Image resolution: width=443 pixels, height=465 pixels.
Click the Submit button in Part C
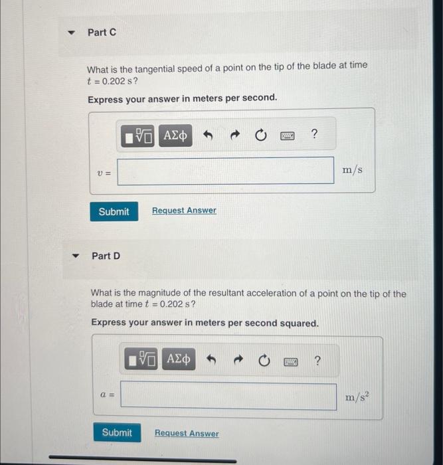[x=114, y=211]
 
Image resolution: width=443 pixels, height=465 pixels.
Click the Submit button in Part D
[x=117, y=432]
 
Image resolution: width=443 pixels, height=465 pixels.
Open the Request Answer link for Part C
[x=184, y=211]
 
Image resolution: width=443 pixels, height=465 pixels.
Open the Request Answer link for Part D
[x=187, y=433]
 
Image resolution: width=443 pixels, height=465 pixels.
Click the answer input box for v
[x=226, y=171]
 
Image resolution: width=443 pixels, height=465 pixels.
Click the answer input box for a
[x=228, y=396]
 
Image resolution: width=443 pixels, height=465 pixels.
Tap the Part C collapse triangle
[x=71, y=33]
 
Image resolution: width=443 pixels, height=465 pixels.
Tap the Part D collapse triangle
[x=76, y=256]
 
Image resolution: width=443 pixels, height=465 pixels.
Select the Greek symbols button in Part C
[x=175, y=136]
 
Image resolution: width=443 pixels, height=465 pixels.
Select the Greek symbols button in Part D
[x=179, y=359]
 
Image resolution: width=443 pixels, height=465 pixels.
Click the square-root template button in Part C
[x=137, y=136]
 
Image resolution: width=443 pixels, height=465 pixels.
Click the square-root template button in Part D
[x=141, y=359]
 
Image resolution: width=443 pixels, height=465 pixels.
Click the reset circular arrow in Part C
[x=261, y=136]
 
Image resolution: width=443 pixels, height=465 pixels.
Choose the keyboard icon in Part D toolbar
[x=291, y=362]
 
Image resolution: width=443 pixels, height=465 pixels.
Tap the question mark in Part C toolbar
[x=314, y=134]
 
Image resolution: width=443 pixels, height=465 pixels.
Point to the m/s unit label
[x=352, y=169]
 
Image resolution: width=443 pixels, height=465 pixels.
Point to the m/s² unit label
[x=357, y=396]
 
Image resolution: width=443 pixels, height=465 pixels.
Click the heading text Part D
[x=106, y=256]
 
